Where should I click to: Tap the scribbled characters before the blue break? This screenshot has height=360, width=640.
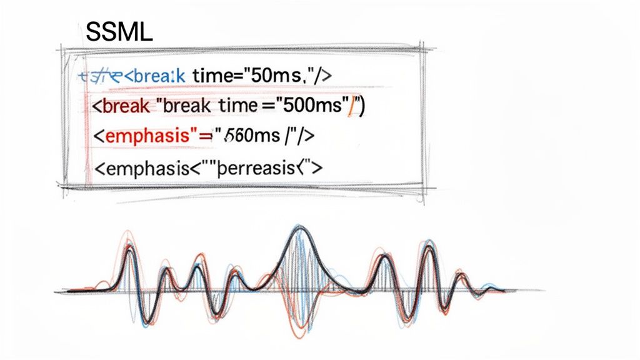[x=100, y=76]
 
